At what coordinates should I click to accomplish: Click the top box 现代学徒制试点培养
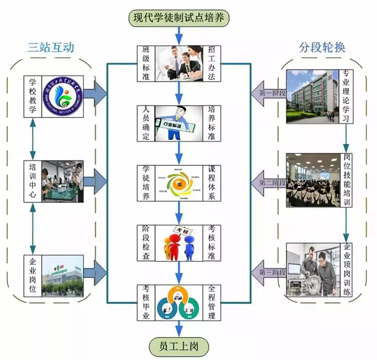coord(179,18)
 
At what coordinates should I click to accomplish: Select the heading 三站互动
coord(51,47)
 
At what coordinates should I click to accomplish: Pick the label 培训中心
coord(33,181)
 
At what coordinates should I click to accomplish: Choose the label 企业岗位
coord(33,275)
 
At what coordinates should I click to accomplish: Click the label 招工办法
coord(212,63)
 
